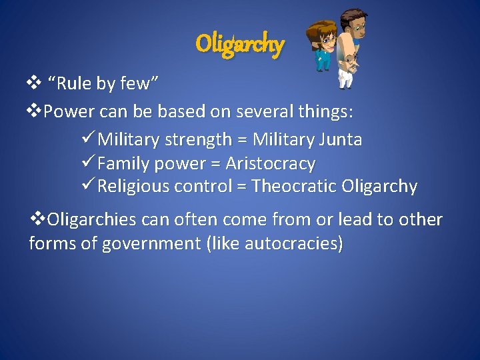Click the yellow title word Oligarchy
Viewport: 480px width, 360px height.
coord(240,44)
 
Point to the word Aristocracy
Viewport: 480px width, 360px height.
coord(270,163)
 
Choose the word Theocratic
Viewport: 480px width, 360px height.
coord(293,187)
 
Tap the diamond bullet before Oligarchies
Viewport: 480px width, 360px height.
coord(39,219)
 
